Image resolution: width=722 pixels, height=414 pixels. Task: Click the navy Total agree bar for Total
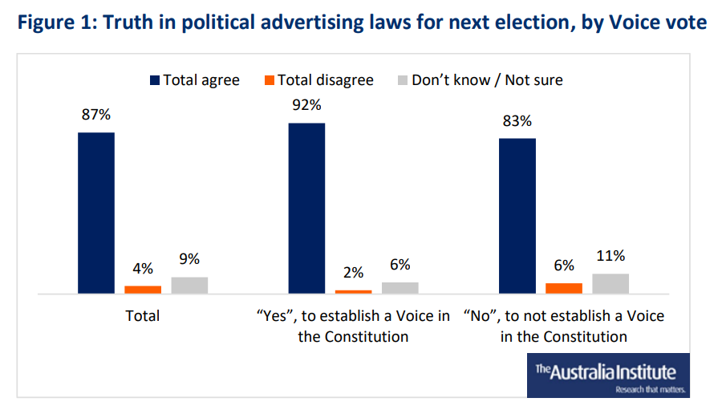(x=95, y=213)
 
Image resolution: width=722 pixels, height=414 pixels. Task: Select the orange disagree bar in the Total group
(x=143, y=290)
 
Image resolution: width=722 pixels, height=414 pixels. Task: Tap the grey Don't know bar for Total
(x=189, y=286)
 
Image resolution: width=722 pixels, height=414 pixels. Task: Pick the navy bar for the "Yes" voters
(x=306, y=209)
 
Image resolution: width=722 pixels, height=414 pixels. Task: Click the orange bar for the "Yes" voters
(x=353, y=292)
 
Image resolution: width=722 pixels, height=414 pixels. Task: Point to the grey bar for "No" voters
(x=610, y=284)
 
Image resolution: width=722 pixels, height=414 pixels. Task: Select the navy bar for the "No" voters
(x=517, y=217)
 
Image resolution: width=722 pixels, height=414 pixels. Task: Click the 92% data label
(x=306, y=105)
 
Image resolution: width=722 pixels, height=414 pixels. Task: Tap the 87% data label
(x=95, y=115)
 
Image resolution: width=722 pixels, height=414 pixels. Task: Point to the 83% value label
(x=517, y=121)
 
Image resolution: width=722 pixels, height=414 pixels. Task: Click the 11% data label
(x=610, y=256)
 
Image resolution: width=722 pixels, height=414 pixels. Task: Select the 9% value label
(x=189, y=259)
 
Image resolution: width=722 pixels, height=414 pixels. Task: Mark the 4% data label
(x=143, y=269)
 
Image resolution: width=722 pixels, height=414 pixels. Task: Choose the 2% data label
(x=353, y=273)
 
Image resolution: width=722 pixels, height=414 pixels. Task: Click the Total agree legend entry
(x=194, y=79)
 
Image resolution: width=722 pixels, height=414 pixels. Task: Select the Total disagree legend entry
(x=318, y=79)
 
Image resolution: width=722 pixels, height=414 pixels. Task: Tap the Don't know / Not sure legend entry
(x=480, y=79)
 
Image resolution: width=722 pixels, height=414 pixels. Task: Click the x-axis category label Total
(x=143, y=316)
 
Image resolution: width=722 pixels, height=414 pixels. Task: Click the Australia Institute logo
(x=607, y=375)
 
